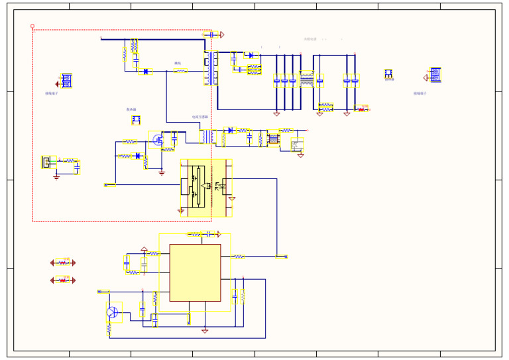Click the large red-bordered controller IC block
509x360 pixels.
(x=195, y=272)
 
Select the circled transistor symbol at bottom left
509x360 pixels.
(x=113, y=312)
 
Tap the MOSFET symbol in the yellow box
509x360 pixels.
(x=158, y=140)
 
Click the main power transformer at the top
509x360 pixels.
(x=211, y=68)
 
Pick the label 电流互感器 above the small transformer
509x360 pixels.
(x=200, y=117)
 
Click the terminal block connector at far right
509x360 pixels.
(x=435, y=75)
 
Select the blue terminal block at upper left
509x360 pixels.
(x=66, y=81)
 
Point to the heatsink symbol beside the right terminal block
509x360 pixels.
(x=388, y=74)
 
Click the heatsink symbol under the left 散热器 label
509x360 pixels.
(x=136, y=120)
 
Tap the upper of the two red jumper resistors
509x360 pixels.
(x=63, y=263)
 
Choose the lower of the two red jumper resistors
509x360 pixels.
(x=63, y=280)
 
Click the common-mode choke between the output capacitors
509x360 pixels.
(x=306, y=80)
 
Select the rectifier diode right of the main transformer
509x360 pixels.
(x=250, y=55)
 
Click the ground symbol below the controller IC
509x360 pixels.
(x=205, y=330)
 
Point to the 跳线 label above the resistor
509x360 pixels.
(x=178, y=64)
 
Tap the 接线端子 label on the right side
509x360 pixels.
(x=420, y=93)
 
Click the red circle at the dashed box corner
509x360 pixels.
(x=32, y=27)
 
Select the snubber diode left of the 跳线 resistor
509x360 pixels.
(x=145, y=72)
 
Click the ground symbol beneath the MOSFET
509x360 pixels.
(x=162, y=172)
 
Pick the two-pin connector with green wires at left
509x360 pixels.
(x=48, y=162)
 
